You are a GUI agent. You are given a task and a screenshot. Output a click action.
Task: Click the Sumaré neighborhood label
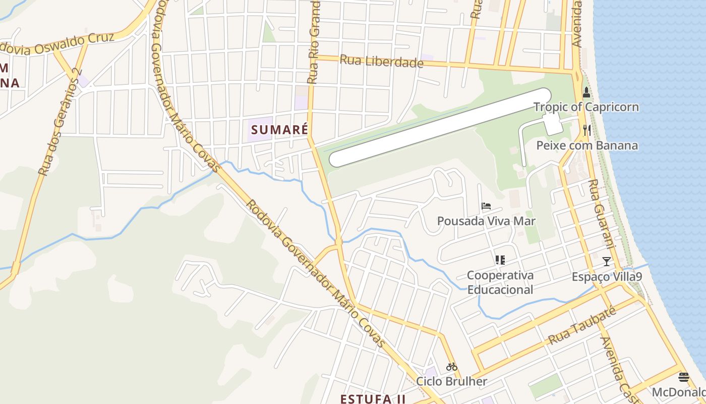click(279, 129)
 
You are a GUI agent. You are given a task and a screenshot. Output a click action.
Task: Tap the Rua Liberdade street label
click(381, 61)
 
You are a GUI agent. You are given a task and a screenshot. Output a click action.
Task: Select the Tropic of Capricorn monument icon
click(586, 93)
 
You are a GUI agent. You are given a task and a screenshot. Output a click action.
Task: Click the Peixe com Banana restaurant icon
click(586, 130)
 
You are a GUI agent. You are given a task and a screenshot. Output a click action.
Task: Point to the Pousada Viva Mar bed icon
click(486, 206)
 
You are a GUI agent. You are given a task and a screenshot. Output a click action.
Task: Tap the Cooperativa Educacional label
click(500, 282)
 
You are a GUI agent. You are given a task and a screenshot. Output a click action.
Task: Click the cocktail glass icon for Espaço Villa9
click(607, 262)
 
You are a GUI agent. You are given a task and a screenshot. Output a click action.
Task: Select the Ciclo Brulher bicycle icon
click(451, 367)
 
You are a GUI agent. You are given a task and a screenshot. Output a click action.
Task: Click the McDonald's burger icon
click(684, 377)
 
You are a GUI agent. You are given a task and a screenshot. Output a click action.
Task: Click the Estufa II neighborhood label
click(373, 398)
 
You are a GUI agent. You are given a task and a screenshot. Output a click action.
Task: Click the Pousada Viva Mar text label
click(486, 221)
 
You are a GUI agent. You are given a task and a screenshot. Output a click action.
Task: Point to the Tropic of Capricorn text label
click(586, 107)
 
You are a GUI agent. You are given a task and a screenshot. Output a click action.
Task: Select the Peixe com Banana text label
click(586, 145)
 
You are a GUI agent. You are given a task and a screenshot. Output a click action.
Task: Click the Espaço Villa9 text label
click(607, 277)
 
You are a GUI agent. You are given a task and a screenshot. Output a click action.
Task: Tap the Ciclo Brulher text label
click(451, 381)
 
